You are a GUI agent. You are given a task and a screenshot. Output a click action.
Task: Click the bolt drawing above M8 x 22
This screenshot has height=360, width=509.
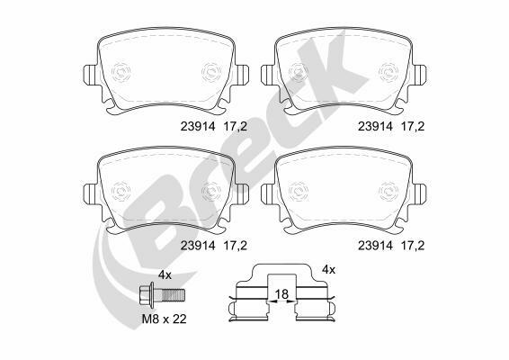pyautogui.click(x=162, y=295)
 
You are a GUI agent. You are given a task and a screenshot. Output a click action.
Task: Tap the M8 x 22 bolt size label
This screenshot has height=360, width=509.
pyautogui.click(x=165, y=319)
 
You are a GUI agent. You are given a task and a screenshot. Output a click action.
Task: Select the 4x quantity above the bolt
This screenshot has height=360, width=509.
pyautogui.click(x=165, y=275)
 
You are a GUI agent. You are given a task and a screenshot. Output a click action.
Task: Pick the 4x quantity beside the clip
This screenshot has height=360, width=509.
pyautogui.click(x=328, y=269)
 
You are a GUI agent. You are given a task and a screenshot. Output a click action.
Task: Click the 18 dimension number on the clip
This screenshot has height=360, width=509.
pyautogui.click(x=281, y=294)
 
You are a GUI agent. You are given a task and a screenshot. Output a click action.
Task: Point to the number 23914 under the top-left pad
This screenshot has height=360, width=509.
pyautogui.click(x=198, y=126)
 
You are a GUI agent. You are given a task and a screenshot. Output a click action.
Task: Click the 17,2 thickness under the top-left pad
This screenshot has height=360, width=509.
pyautogui.click(x=235, y=127)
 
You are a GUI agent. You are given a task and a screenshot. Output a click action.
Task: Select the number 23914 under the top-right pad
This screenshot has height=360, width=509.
pyautogui.click(x=375, y=126)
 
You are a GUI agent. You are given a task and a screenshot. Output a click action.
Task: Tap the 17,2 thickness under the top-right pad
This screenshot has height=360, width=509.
pyautogui.click(x=413, y=127)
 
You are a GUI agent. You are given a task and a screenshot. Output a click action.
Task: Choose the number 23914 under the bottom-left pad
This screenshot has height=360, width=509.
pyautogui.click(x=198, y=246)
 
